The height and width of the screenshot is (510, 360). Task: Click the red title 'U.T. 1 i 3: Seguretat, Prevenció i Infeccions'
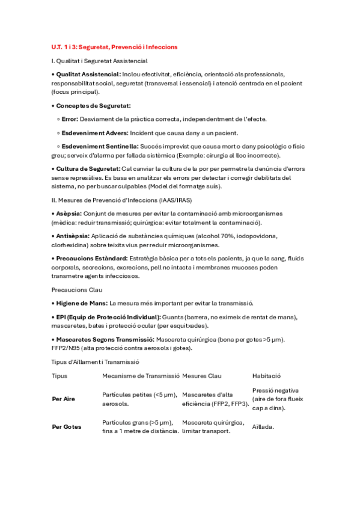(x=114, y=46)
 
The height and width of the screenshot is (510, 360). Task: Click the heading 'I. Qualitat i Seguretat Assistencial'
(x=99, y=61)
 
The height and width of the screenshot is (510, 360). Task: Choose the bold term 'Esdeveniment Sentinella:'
(x=100, y=146)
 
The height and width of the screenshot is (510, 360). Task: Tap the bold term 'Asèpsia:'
(x=68, y=214)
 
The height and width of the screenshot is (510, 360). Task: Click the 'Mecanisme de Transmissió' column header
(x=141, y=376)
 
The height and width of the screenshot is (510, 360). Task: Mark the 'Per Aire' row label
(x=64, y=399)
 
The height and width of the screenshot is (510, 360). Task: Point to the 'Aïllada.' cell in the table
(x=263, y=427)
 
